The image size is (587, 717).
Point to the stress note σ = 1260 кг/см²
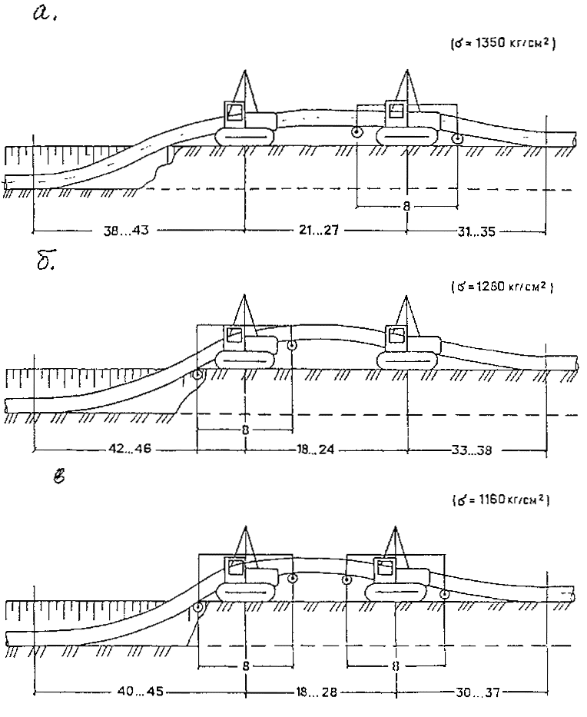pos(504,287)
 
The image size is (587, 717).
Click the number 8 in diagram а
pos(406,207)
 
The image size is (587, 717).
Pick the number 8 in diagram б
pos(244,430)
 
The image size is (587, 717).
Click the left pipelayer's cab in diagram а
pos(235,113)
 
